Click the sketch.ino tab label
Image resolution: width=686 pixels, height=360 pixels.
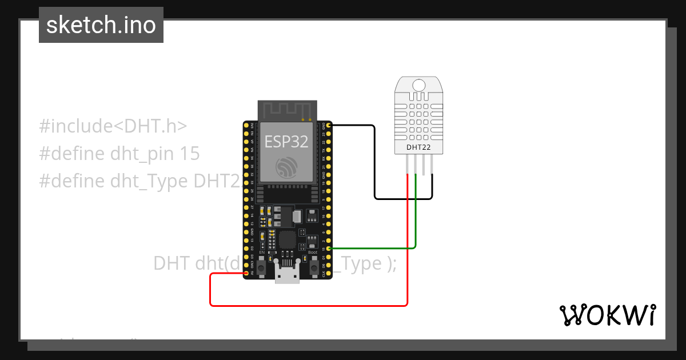coord(101,25)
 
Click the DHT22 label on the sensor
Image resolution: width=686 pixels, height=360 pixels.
coord(418,147)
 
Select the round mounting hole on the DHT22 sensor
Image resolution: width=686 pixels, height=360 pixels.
coord(418,86)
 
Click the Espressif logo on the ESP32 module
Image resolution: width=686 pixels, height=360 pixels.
coord(287,167)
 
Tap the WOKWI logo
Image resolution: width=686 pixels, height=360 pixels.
coord(607,315)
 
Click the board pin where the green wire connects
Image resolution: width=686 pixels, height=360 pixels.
coord(328,249)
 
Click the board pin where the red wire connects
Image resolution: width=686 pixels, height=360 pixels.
coord(246,274)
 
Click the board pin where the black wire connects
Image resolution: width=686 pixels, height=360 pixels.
coord(328,125)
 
